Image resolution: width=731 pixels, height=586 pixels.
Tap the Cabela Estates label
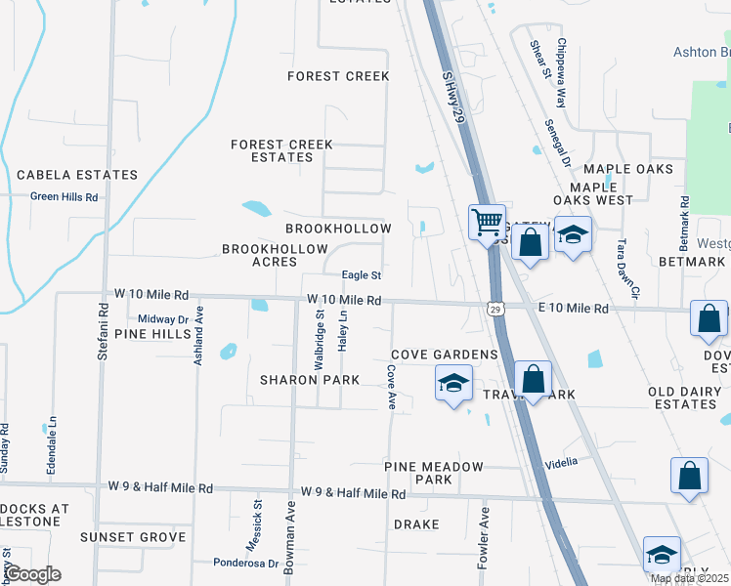click(x=77, y=175)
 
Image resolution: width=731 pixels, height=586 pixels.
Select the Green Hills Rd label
click(x=64, y=196)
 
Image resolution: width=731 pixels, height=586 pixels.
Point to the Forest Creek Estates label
click(x=281, y=150)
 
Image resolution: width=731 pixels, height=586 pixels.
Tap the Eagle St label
click(x=361, y=276)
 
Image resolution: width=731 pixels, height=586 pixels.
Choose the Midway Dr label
click(x=162, y=319)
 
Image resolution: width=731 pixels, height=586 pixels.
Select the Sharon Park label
click(x=310, y=379)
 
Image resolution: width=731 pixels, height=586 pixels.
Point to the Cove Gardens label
click(x=445, y=354)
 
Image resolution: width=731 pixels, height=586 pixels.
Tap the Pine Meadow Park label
click(x=434, y=473)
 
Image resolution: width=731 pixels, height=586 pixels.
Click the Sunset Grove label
click(x=133, y=537)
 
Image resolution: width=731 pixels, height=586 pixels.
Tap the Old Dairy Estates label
click(x=688, y=398)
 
